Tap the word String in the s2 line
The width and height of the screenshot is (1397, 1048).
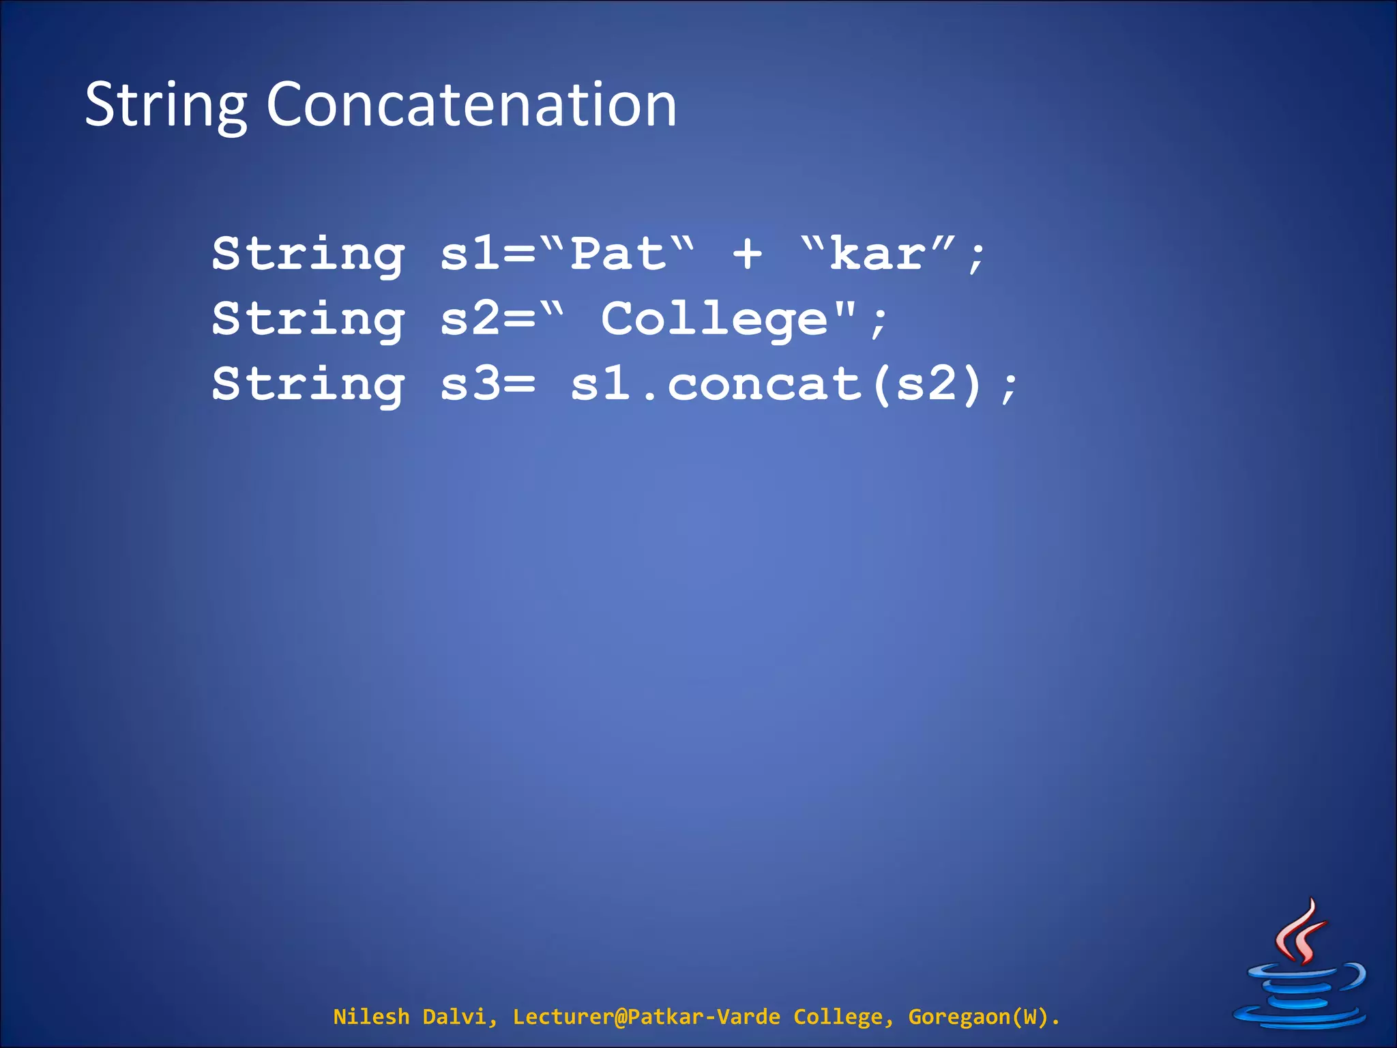click(x=308, y=320)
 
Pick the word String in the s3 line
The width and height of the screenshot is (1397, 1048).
click(x=308, y=385)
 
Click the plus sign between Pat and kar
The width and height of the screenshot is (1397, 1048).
click(x=747, y=254)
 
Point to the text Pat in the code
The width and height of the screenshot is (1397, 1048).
click(x=618, y=254)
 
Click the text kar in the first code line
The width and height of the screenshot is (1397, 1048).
click(x=877, y=254)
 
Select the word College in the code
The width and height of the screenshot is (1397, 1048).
click(x=714, y=319)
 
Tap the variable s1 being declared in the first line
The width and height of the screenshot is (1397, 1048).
click(x=471, y=254)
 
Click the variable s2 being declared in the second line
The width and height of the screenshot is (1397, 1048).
click(x=471, y=319)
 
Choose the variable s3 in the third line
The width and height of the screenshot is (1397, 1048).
click(x=471, y=384)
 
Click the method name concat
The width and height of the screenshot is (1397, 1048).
click(x=764, y=384)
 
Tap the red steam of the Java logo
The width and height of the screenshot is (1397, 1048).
click(x=1302, y=931)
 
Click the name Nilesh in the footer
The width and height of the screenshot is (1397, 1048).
click(x=370, y=1017)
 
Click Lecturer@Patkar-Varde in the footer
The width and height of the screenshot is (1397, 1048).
click(x=646, y=1017)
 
